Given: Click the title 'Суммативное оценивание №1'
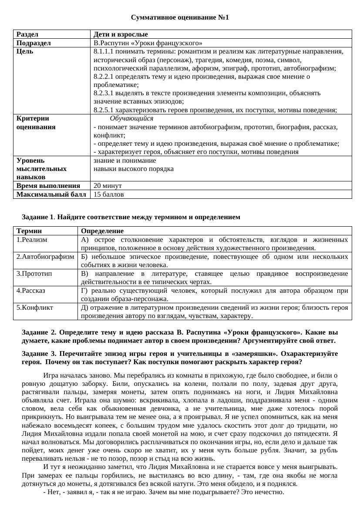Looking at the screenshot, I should point(179,17).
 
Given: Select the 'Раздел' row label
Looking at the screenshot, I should point(27,34).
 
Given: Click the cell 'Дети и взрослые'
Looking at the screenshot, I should point(121,34).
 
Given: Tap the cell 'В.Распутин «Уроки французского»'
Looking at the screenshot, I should point(148,43).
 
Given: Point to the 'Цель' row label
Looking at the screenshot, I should point(25,51).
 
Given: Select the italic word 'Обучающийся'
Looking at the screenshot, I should point(131,118).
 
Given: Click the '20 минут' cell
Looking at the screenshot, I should point(108,186).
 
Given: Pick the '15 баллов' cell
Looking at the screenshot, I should point(108,194).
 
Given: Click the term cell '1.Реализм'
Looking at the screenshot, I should point(32,239).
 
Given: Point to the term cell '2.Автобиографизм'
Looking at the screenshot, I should point(45,257).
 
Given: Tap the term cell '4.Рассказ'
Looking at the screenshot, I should point(31,290).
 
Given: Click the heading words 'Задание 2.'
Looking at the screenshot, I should point(38,332).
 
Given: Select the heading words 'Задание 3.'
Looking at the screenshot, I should point(38,354).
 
